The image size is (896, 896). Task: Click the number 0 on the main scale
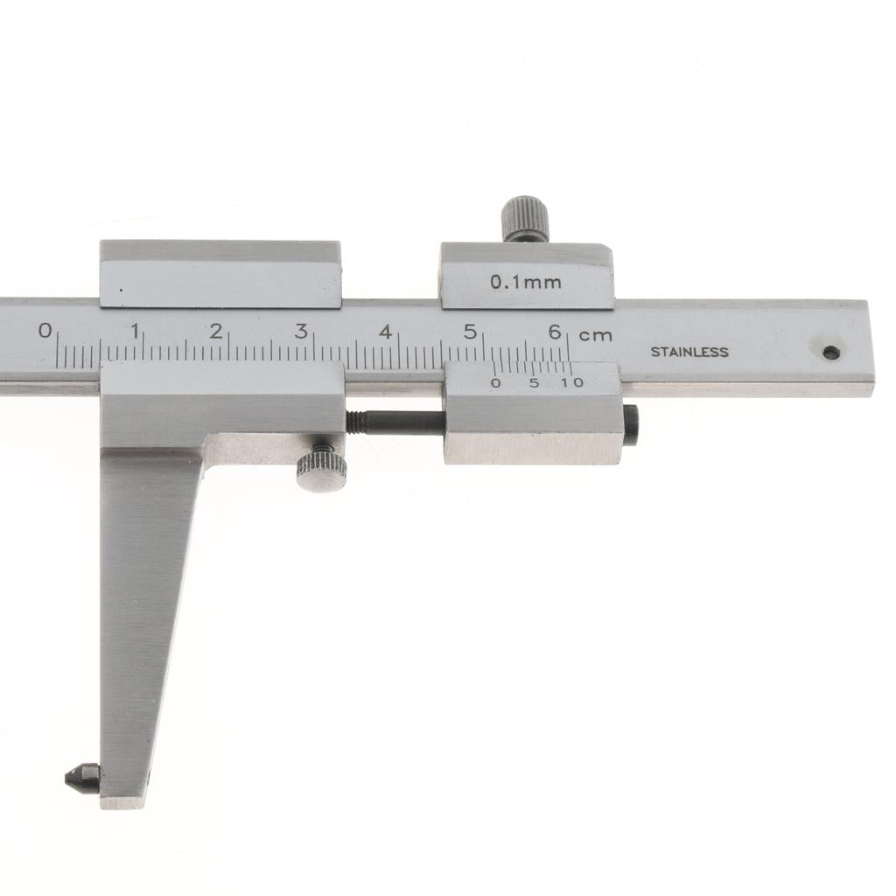click(45, 330)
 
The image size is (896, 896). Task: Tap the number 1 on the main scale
click(135, 331)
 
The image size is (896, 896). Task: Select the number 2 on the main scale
click(216, 331)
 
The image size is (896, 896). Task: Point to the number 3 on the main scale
click(301, 331)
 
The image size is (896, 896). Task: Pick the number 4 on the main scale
click(386, 332)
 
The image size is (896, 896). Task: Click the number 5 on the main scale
click(470, 332)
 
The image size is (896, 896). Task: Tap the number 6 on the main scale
click(554, 332)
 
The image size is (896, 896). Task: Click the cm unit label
click(595, 335)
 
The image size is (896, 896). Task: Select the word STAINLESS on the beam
click(689, 352)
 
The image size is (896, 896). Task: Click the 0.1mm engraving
click(526, 282)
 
